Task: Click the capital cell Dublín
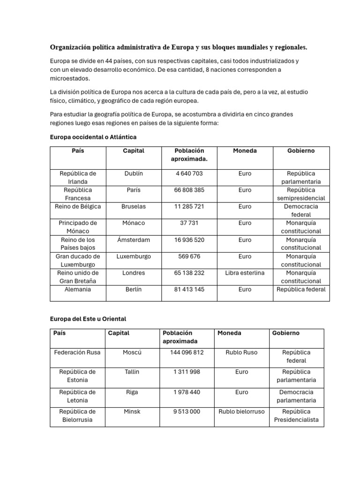click(134, 173)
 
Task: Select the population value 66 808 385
click(189, 190)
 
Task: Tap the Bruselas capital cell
click(134, 206)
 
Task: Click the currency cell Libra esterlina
click(245, 273)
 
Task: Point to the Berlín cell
click(134, 289)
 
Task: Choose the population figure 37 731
click(189, 223)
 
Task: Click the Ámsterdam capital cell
click(134, 240)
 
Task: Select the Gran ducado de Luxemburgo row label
click(78, 260)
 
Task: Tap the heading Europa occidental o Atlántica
click(93, 137)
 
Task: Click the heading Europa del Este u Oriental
click(88, 319)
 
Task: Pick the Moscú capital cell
click(132, 352)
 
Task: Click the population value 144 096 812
click(187, 352)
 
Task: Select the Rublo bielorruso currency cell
click(242, 412)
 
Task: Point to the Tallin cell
click(132, 372)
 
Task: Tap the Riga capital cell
click(132, 392)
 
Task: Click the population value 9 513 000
click(187, 412)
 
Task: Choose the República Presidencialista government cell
click(296, 415)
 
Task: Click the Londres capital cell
click(134, 273)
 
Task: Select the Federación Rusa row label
click(77, 352)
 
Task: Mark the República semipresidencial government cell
click(301, 194)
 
